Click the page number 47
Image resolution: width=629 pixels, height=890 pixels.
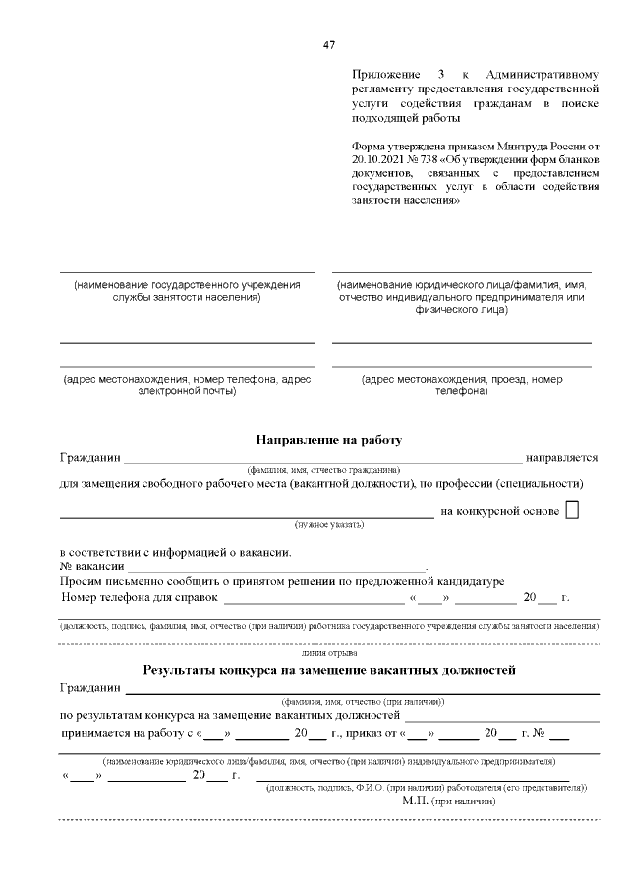point(329,45)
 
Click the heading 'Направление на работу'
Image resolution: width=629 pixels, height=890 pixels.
point(329,439)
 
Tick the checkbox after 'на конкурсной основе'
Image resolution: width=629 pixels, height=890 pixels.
point(574,510)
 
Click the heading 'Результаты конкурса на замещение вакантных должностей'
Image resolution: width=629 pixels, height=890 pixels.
point(329,670)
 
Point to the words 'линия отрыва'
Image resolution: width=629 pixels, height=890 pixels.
point(329,652)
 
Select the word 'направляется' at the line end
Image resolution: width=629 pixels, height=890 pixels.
point(561,457)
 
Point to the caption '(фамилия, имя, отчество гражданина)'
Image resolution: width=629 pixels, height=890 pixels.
point(323,470)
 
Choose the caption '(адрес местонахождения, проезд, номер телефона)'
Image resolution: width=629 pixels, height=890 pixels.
point(461,385)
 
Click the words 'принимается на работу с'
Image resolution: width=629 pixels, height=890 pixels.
point(127,733)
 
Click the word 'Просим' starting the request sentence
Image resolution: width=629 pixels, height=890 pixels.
point(82,581)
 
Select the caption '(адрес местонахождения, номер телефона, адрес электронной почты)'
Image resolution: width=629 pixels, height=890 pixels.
point(187,385)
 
